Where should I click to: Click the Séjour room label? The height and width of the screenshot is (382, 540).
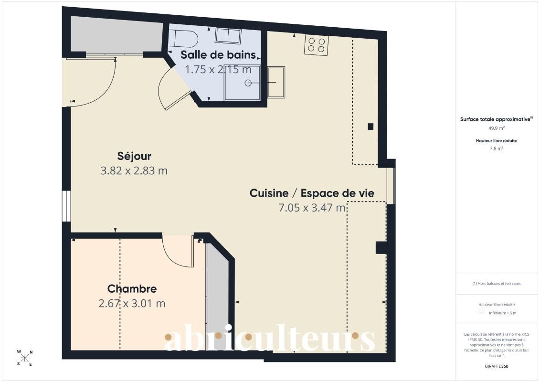pyautogui.click(x=134, y=157)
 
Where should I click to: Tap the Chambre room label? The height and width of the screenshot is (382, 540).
pyautogui.click(x=132, y=289)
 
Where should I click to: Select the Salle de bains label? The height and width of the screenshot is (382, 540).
pyautogui.click(x=218, y=55)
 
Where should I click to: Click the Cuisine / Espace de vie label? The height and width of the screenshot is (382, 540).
pyautogui.click(x=312, y=193)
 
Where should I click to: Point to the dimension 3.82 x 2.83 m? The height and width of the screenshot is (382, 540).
pyautogui.click(x=134, y=171)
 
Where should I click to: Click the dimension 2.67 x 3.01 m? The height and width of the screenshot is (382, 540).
pyautogui.click(x=132, y=304)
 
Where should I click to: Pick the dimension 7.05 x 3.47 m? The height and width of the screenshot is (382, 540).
pyautogui.click(x=312, y=208)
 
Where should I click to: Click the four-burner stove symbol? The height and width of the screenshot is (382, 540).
pyautogui.click(x=316, y=45)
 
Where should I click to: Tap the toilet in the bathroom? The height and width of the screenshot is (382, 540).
pyautogui.click(x=185, y=38)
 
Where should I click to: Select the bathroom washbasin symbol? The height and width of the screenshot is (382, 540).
pyautogui.click(x=228, y=36)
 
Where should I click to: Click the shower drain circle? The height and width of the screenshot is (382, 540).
pyautogui.click(x=248, y=83)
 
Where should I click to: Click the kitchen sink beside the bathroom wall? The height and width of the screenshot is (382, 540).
pyautogui.click(x=276, y=82)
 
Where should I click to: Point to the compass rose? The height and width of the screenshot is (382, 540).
pyautogui.click(x=25, y=358)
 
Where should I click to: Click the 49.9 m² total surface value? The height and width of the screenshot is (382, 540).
pyautogui.click(x=496, y=128)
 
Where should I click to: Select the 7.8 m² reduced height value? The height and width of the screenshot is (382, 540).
pyautogui.click(x=496, y=149)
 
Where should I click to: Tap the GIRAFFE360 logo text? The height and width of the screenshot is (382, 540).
pyautogui.click(x=496, y=366)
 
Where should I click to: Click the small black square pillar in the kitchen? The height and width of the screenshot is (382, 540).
pyautogui.click(x=371, y=127)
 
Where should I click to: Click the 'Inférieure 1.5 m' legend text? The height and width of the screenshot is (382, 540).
pyautogui.click(x=502, y=313)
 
